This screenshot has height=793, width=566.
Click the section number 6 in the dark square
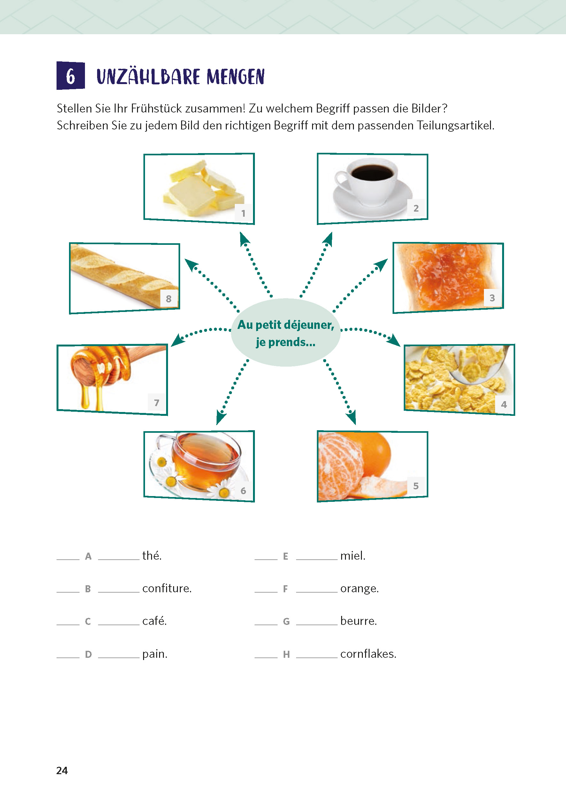pos(70,76)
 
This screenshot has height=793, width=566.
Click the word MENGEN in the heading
pos(236,77)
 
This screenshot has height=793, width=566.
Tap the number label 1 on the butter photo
pos(243,213)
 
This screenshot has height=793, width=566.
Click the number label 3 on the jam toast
pos(492,298)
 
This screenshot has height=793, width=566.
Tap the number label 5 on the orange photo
pos(416,486)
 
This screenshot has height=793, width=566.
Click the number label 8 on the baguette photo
pos(169,299)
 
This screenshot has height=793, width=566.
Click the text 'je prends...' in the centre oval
pos(286,342)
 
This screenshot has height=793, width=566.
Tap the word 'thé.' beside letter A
pos(152,556)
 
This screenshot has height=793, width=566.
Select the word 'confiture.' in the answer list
pos(167,588)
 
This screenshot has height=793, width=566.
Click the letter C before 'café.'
pos(88,621)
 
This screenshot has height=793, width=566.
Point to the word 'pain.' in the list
pos(155,654)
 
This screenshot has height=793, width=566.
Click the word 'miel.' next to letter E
pos(353,556)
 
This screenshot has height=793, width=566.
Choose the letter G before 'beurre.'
pos(286,621)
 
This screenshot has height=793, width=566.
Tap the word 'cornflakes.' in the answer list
pos(368,654)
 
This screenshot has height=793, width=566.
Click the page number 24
pos(62,770)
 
